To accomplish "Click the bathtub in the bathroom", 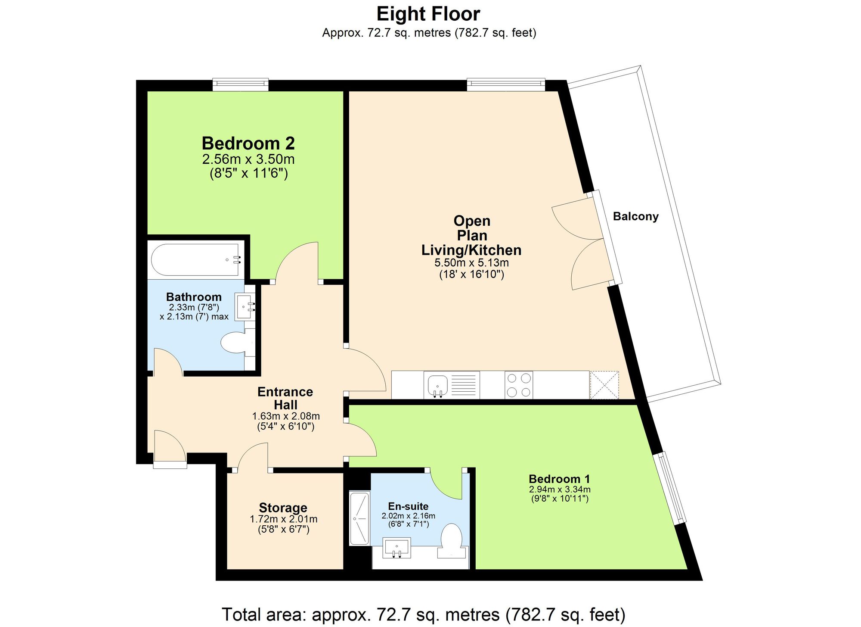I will tap(195, 260).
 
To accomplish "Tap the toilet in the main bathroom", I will tap(235, 343).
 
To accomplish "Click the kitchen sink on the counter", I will tap(438, 384).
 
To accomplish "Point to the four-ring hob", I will tap(518, 385).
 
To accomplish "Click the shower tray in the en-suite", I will tap(359, 518).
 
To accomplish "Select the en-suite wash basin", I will tap(396, 548).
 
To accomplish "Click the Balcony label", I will tap(635, 216).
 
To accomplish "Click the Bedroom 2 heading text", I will tap(248, 143).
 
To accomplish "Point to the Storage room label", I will tap(283, 508).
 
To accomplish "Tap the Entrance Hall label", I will tap(285, 398).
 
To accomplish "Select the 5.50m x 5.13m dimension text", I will tap(471, 263).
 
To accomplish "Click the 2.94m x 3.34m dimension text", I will tap(559, 490).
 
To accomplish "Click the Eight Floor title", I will tap(428, 14).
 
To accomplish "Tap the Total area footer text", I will tap(423, 614).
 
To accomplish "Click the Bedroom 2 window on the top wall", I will tap(240, 84).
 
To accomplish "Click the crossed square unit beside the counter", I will tap(604, 385).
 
